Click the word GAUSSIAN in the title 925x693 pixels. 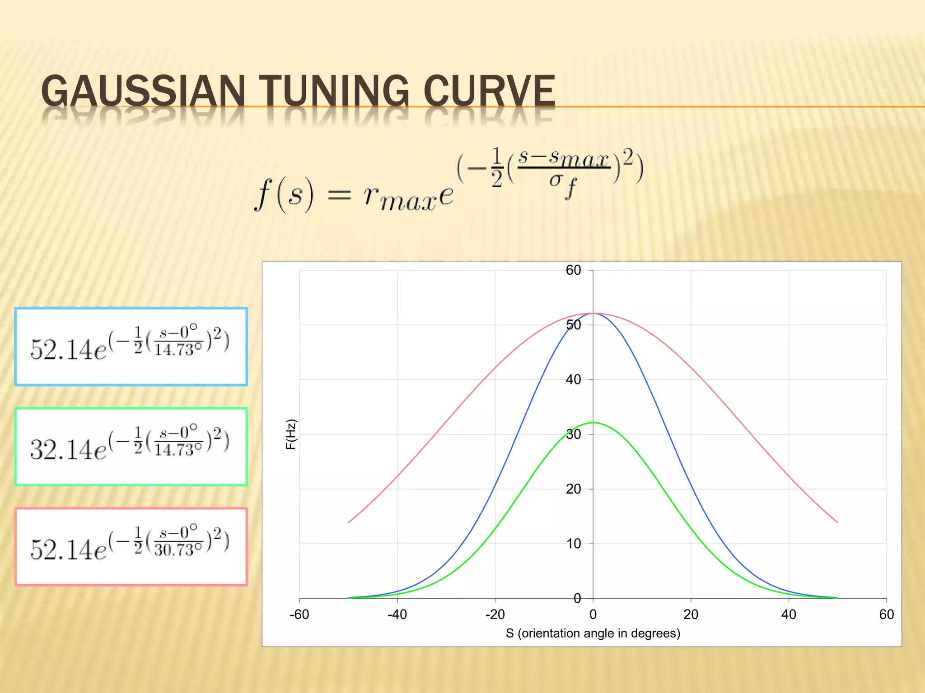pos(143,91)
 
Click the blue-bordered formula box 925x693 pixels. pos(131,346)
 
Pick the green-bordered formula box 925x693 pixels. pos(131,447)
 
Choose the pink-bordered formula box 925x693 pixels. pos(131,547)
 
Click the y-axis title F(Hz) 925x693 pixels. pos(291,434)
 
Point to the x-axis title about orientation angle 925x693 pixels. pos(593,633)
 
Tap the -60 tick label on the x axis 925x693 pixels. pos(299,614)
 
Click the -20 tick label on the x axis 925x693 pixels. pos(495,614)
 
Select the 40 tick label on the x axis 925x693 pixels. pos(789,614)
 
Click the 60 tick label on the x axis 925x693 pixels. pos(886,614)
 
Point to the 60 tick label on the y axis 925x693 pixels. pos(573,270)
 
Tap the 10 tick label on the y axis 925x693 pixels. pos(573,544)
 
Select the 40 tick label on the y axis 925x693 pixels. pos(573,379)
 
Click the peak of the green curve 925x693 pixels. pos(593,423)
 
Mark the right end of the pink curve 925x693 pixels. pos(837,522)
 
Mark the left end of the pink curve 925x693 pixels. pos(348,522)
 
